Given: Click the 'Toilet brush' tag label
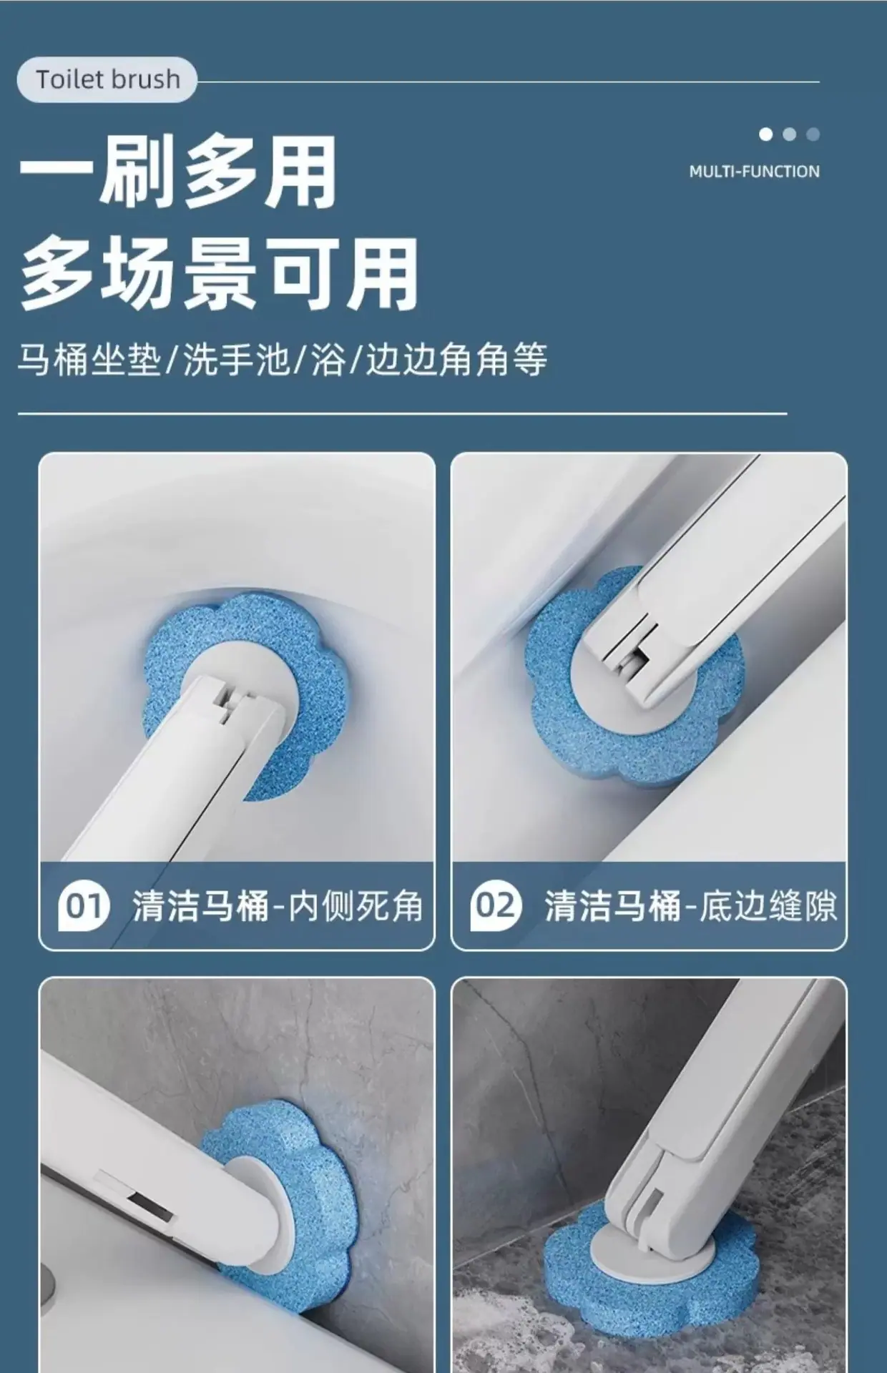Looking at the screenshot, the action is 107,79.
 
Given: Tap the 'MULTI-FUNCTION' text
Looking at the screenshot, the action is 755,172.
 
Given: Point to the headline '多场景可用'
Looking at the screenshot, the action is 219,274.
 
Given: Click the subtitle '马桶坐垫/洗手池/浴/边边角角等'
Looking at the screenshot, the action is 283,358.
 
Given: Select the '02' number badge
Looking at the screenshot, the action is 495,907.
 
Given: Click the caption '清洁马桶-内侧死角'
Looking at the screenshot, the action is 278,906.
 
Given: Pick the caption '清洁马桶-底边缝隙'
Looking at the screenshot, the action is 690,906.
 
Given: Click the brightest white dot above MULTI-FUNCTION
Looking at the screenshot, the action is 766,134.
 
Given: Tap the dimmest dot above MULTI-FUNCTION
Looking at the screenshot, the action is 813,134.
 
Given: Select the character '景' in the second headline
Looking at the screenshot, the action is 219,274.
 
